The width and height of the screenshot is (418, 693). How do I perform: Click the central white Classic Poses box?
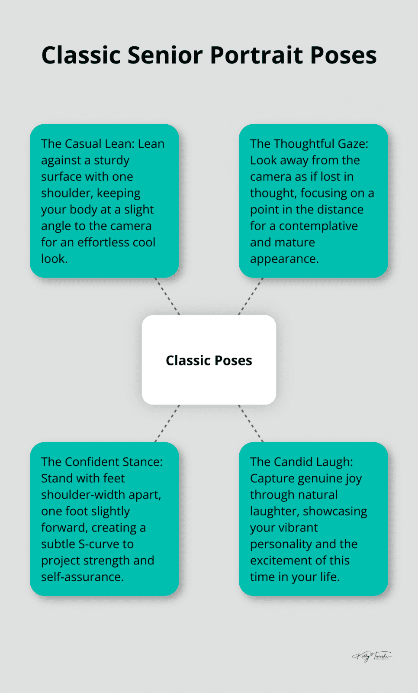(x=209, y=360)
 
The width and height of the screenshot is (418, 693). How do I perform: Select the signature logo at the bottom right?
(x=372, y=656)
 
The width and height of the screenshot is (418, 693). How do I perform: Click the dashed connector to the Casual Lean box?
(x=167, y=296)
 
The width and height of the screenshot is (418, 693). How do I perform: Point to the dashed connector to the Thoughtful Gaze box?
(x=251, y=296)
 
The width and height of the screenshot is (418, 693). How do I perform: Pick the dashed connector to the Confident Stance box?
(x=167, y=424)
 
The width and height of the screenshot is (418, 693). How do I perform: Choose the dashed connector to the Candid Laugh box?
(x=251, y=424)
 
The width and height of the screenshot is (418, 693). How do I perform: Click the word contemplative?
(x=318, y=226)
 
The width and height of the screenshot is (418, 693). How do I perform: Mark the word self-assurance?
(x=82, y=577)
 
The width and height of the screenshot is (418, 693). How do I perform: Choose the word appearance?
(x=284, y=259)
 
